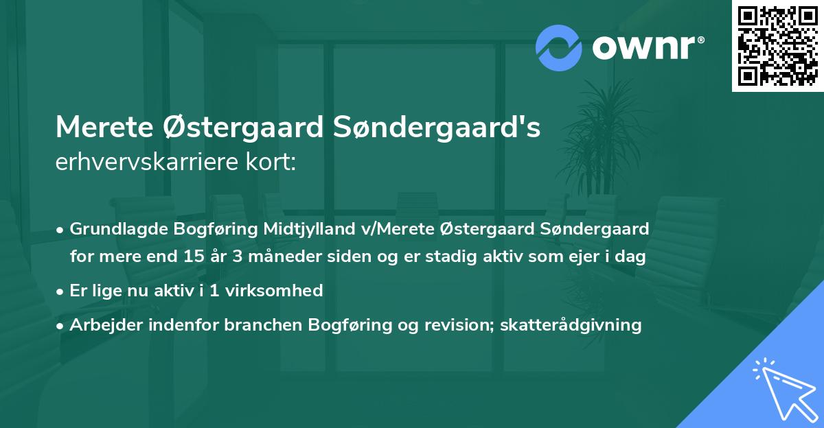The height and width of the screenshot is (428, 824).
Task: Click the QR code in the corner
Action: pyautogui.click(x=777, y=46)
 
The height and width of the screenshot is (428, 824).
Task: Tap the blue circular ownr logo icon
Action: pyautogui.click(x=559, y=49)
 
